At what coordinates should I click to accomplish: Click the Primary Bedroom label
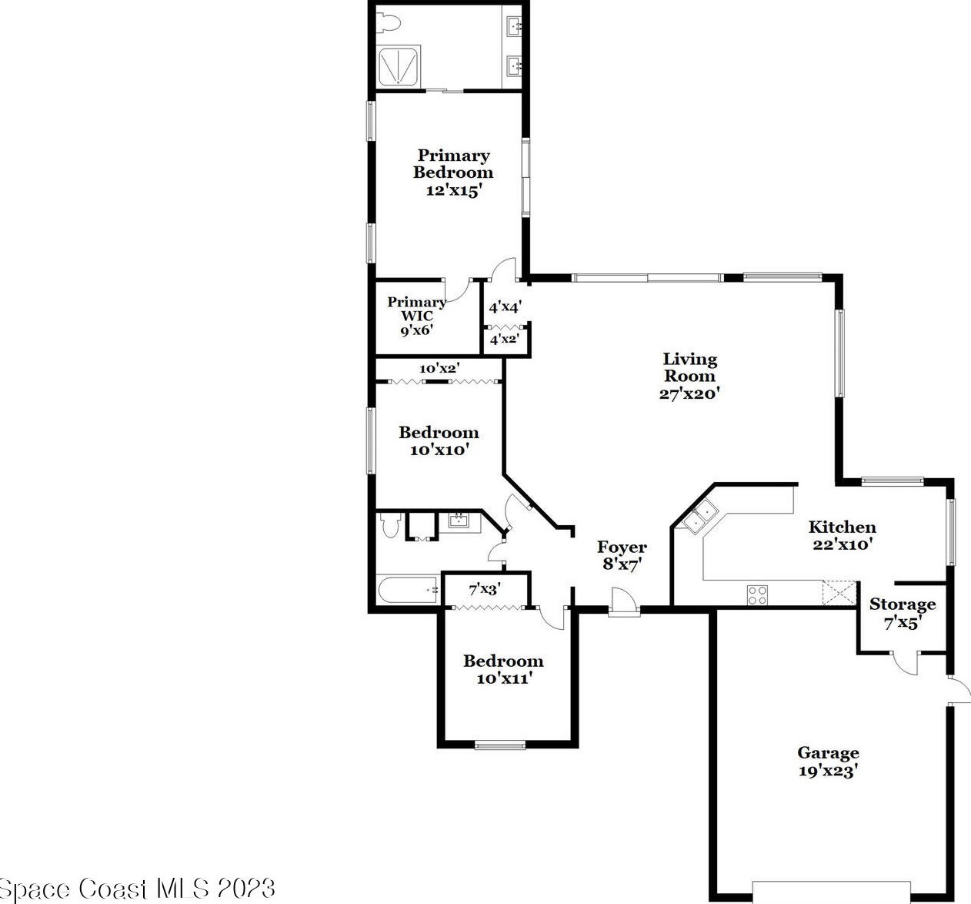click(x=452, y=172)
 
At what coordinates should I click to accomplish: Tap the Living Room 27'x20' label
click(x=689, y=376)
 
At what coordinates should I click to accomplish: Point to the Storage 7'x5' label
click(x=903, y=613)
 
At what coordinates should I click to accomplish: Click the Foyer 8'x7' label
click(x=622, y=555)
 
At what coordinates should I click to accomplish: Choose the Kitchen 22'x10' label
click(x=842, y=535)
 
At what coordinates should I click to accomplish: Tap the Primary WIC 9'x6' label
click(x=416, y=316)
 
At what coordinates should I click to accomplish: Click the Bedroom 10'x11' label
click(x=504, y=670)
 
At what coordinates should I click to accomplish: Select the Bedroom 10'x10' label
click(x=439, y=440)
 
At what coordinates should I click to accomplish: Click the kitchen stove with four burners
click(x=757, y=594)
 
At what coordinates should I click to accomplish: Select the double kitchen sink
click(x=700, y=517)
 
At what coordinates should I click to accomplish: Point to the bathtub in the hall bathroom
click(x=409, y=591)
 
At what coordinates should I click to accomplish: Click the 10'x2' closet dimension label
click(x=439, y=368)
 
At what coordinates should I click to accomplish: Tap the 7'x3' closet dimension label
click(x=485, y=590)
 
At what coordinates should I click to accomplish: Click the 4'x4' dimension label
click(x=506, y=307)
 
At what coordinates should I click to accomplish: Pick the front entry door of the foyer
click(x=624, y=601)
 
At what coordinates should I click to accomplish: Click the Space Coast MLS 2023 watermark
click(x=138, y=888)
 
